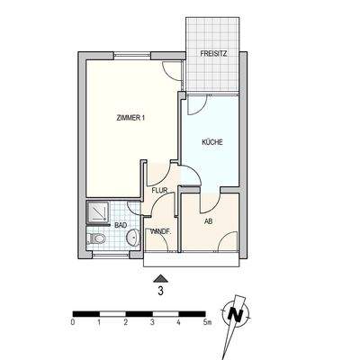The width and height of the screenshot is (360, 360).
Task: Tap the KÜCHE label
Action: click(x=211, y=142)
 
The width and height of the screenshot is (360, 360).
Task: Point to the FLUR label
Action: click(x=160, y=190)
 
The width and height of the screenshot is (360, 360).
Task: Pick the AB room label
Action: click(x=208, y=220)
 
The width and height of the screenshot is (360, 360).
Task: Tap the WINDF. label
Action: click(x=161, y=232)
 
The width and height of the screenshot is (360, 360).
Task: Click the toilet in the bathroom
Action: click(x=98, y=239)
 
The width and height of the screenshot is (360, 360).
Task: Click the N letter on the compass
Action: click(x=237, y=314)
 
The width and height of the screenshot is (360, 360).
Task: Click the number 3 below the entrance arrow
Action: click(x=160, y=291)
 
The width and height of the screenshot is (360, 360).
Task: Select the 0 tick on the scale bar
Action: click(x=73, y=321)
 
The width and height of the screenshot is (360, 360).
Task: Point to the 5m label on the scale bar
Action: click(x=208, y=321)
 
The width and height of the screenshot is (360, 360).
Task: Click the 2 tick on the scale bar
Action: click(x=126, y=321)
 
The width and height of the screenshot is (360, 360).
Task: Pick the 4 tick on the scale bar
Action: click(x=179, y=321)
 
